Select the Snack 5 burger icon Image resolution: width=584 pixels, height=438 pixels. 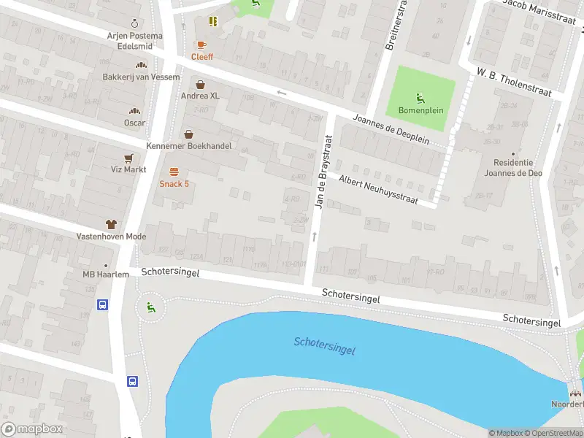pos(174,172)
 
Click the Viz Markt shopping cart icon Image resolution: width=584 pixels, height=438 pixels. pos(129,158)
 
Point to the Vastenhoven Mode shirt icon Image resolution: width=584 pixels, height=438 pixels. pos(111,225)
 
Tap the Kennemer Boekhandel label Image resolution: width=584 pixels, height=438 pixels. pos(189,146)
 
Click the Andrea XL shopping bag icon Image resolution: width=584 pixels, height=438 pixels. pos(200,85)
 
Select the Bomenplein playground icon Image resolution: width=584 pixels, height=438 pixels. pos(420,98)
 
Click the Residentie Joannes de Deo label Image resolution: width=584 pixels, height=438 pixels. pos(513,168)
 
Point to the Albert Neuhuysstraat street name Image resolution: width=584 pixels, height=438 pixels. pos(378,189)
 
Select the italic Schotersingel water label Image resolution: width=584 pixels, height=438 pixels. pos(324,346)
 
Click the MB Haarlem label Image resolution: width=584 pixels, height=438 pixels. pos(106,274)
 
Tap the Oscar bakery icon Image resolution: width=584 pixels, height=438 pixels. pos(134,111)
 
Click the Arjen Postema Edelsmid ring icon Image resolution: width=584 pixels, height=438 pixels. pos(134,23)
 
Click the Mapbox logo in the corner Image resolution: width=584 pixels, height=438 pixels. pos(32,429)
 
